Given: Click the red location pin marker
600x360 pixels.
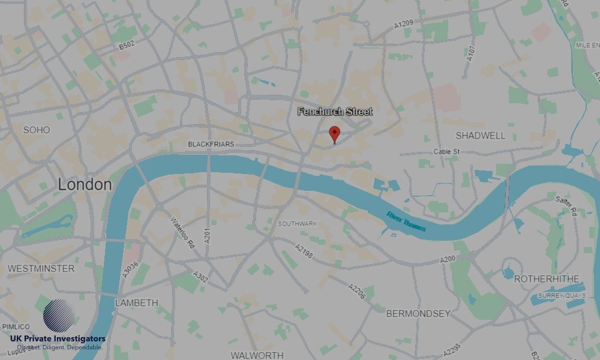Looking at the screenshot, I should click(x=335, y=134).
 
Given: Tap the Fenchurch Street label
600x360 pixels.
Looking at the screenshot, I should click(x=335, y=112).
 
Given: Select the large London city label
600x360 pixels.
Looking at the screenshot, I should click(x=85, y=185).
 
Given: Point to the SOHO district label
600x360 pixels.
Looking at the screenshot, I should click(x=37, y=130).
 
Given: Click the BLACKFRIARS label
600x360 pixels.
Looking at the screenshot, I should click(x=211, y=144).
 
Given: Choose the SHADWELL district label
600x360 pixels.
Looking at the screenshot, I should click(x=481, y=136).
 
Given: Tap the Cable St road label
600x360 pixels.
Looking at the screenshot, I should click(x=446, y=152).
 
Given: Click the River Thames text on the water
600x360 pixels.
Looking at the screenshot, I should click(x=406, y=222).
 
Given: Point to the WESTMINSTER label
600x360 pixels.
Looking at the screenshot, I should click(x=41, y=268).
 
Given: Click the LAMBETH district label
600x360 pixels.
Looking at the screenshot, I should click(x=136, y=302).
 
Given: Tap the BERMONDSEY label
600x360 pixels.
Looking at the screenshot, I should click(x=418, y=313).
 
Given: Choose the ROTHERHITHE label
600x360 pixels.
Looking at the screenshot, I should click(x=547, y=279).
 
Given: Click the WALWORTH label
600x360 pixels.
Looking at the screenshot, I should click(x=257, y=355).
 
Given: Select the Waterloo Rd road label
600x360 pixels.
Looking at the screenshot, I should click(x=183, y=232).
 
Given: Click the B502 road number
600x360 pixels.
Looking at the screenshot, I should click(x=127, y=45).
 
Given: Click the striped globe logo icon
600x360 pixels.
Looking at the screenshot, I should click(x=59, y=316).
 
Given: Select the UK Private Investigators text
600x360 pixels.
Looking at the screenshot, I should click(x=58, y=339).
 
